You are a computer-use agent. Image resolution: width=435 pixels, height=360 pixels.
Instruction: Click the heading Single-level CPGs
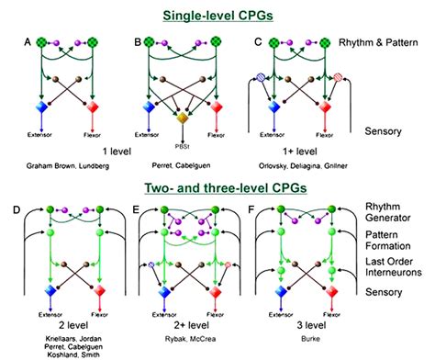(x=217, y=16)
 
